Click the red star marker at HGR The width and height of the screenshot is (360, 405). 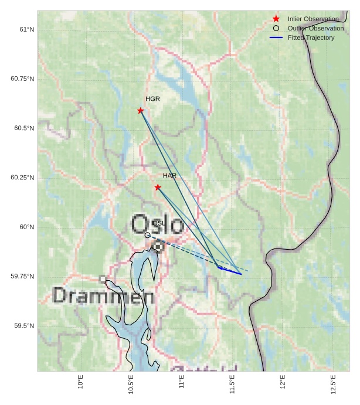click(x=141, y=111)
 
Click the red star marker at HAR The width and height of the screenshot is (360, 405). click(x=158, y=188)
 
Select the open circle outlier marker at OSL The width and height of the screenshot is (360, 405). click(x=147, y=235)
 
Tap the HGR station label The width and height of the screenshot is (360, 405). click(x=152, y=99)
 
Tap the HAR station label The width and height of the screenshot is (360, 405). click(x=169, y=176)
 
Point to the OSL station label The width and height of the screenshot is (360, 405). click(x=158, y=223)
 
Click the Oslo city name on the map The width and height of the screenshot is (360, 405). click(x=157, y=224)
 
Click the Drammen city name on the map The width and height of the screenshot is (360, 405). click(x=103, y=296)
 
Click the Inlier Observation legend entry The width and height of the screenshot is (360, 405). click(x=313, y=19)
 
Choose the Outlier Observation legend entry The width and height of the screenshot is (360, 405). click(x=315, y=28)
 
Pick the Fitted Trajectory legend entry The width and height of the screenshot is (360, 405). click(x=311, y=38)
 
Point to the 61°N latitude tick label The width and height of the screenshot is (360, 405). click(x=24, y=29)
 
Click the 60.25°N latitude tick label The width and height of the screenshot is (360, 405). click(x=22, y=178)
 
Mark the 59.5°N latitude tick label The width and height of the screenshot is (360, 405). click(x=23, y=326)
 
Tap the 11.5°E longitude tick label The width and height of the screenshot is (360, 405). click(x=232, y=384)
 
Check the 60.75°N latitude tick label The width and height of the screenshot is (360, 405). click(x=22, y=79)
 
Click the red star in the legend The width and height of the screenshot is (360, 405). click(x=276, y=19)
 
